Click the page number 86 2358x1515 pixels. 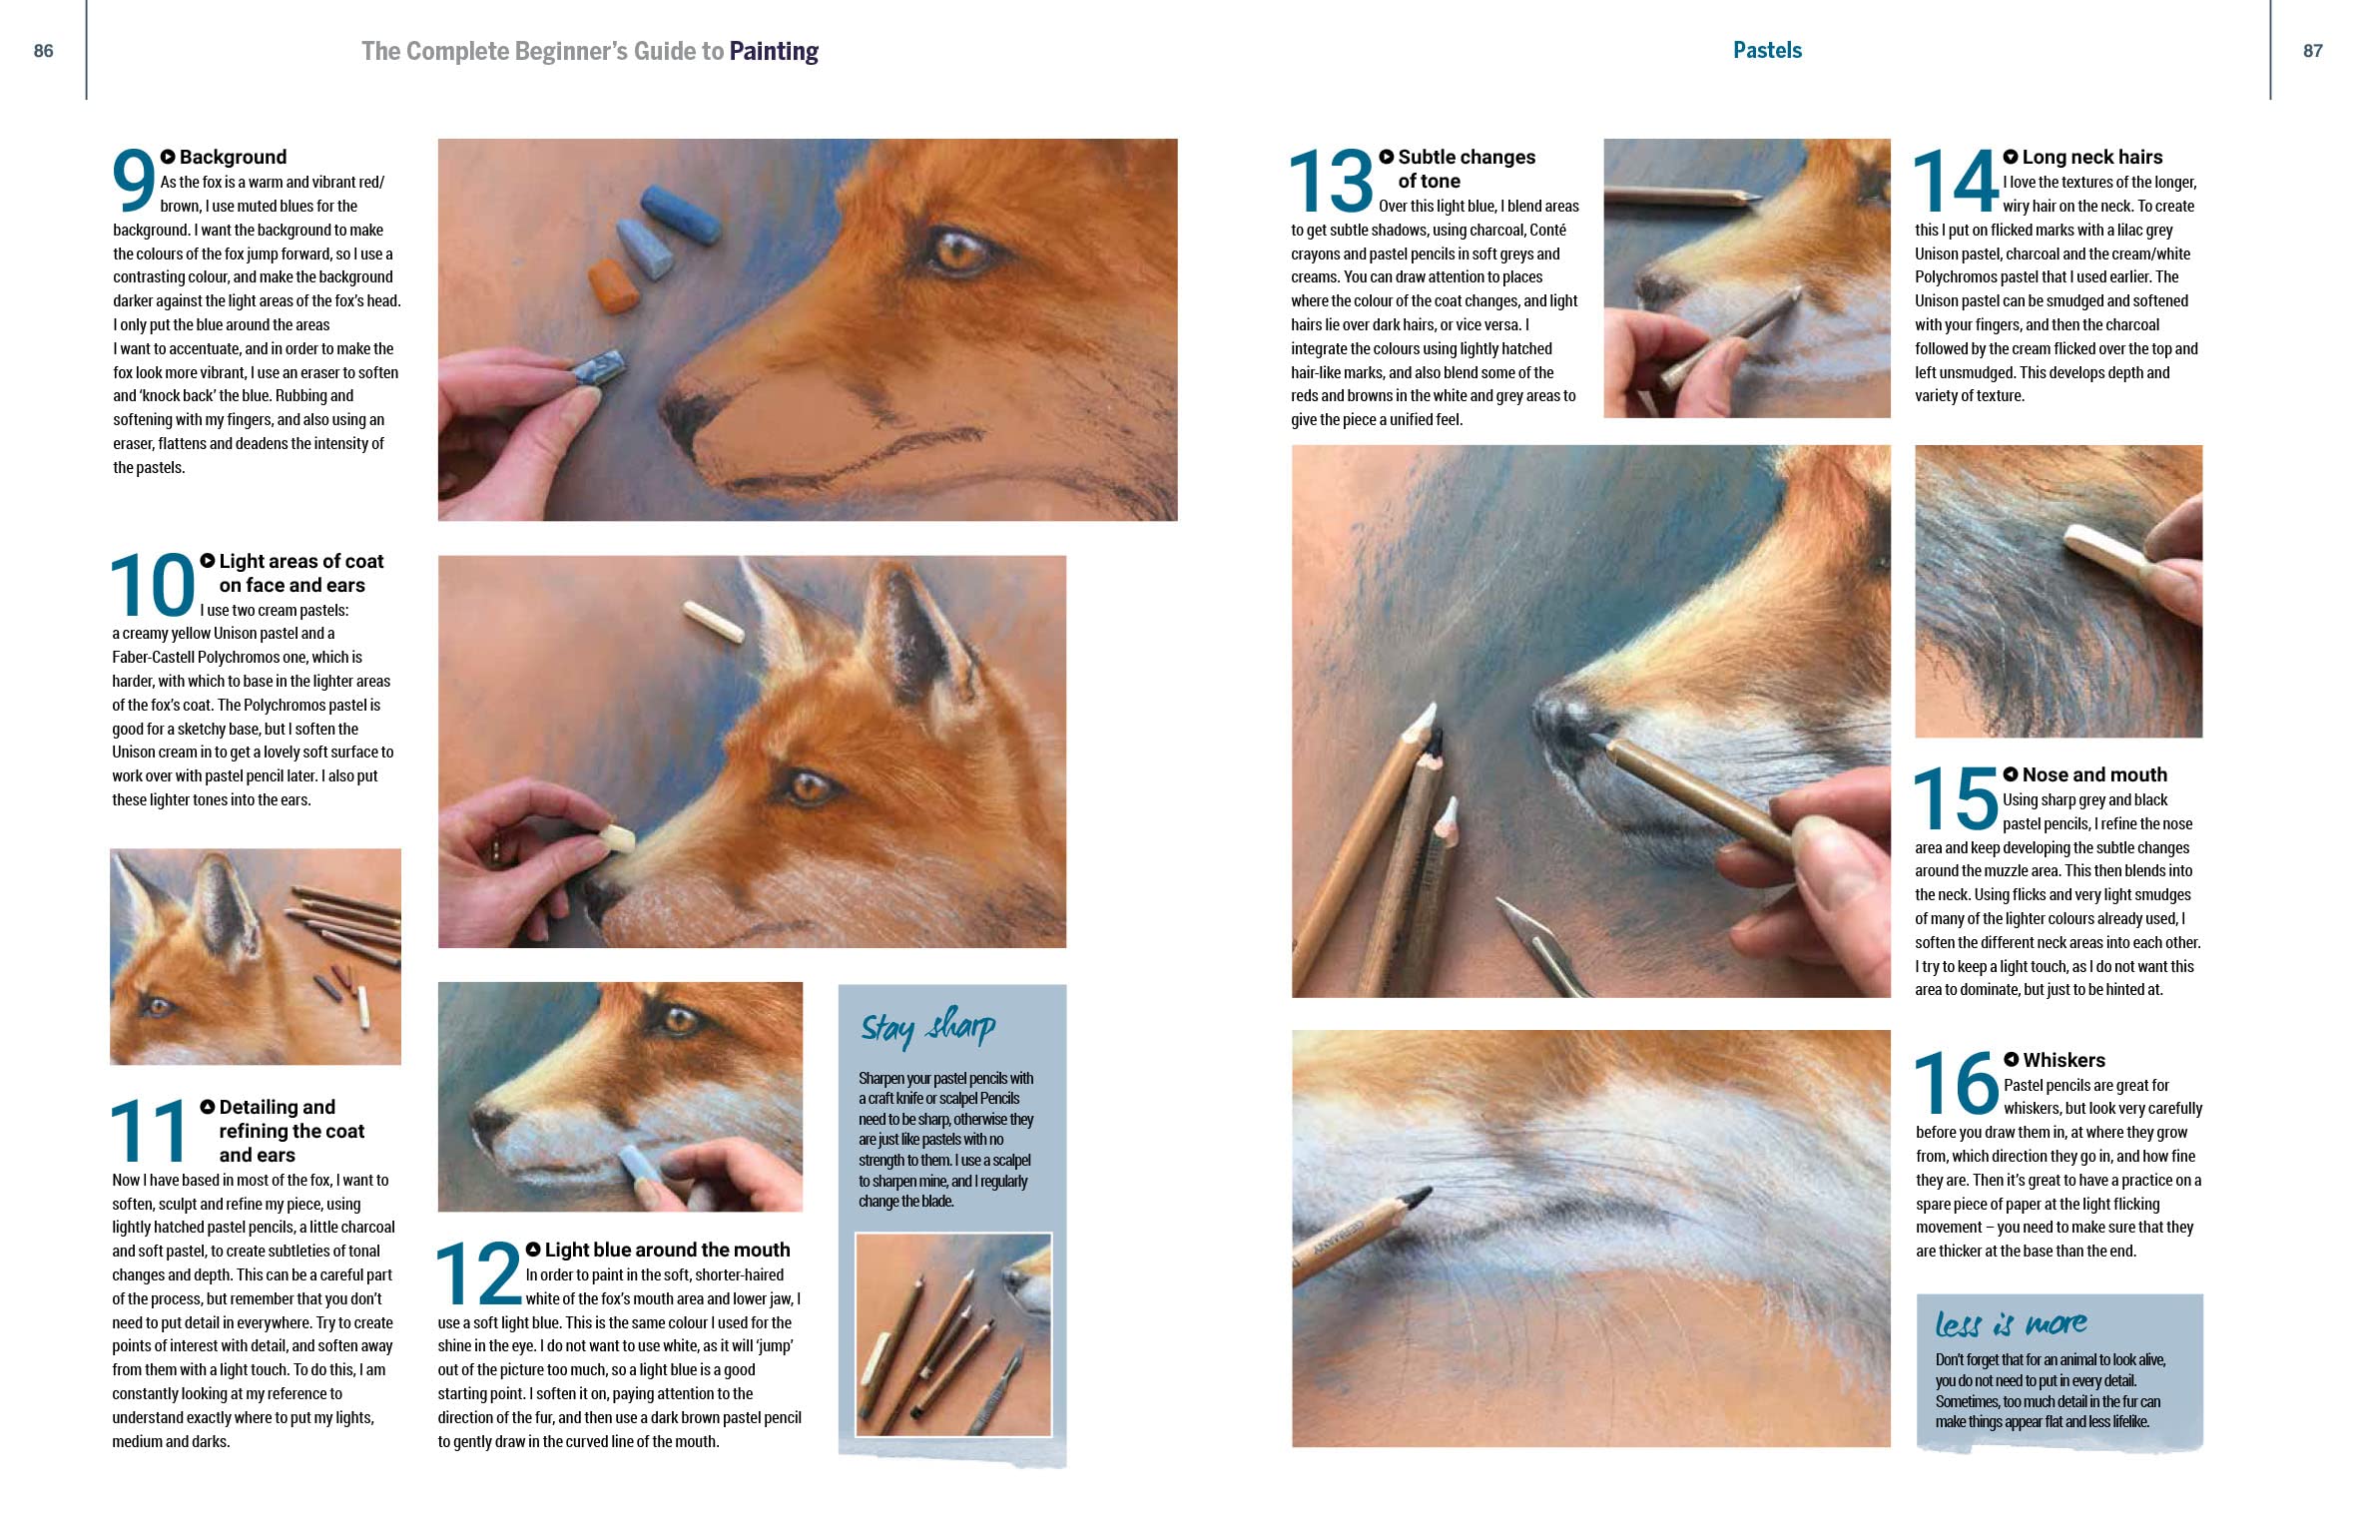(x=43, y=51)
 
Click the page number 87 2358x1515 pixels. (x=2313, y=51)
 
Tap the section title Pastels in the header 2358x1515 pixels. (x=1767, y=50)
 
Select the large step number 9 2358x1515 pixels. (x=134, y=181)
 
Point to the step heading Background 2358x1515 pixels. (x=233, y=157)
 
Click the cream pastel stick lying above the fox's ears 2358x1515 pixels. (x=715, y=621)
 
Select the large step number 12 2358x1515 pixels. (x=479, y=1273)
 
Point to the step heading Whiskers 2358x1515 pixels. (x=2063, y=1060)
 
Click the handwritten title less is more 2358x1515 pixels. (x=2011, y=1323)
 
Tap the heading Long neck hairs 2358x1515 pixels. (x=2092, y=157)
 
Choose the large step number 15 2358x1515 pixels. (x=1956, y=798)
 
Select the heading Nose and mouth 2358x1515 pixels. (x=2094, y=774)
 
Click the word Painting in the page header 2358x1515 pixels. (x=774, y=52)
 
